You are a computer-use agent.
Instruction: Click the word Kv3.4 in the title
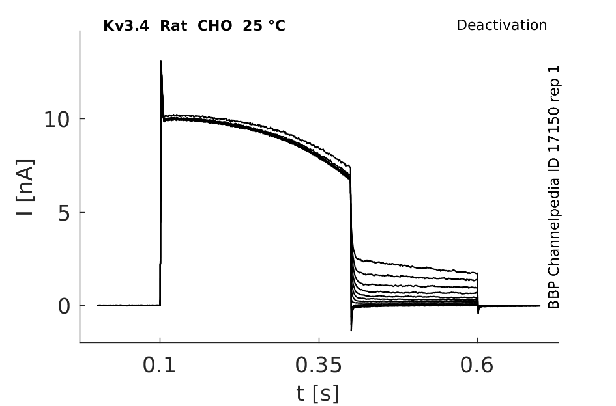tap(126, 26)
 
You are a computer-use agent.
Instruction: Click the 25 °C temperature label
tap(263, 26)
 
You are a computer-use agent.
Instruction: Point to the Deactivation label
tap(501, 25)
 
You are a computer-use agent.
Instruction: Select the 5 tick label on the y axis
tap(64, 213)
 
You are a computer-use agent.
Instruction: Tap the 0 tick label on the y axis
tap(64, 306)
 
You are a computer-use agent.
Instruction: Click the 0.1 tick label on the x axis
tap(159, 365)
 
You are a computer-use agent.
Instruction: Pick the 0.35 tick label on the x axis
tap(319, 365)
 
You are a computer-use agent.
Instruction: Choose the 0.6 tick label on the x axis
tap(477, 365)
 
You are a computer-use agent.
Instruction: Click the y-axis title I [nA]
tap(25, 187)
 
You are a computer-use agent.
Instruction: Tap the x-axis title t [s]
tap(317, 394)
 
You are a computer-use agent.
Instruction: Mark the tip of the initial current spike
tap(160, 61)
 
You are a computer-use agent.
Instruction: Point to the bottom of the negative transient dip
tap(351, 331)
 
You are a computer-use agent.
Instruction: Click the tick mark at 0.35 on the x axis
tap(319, 340)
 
